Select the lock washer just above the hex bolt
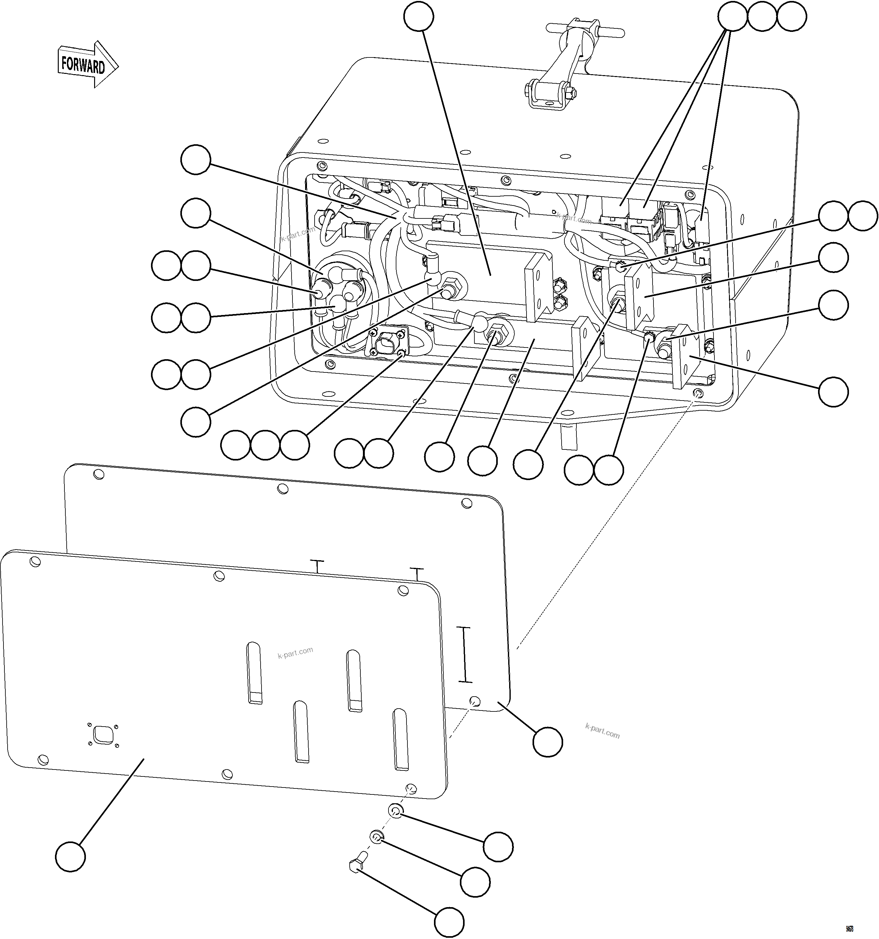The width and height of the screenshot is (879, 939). (x=376, y=837)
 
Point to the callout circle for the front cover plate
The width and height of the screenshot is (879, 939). (x=70, y=856)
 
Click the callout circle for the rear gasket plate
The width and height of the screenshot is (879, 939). (x=547, y=742)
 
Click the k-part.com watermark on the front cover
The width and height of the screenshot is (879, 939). (x=295, y=653)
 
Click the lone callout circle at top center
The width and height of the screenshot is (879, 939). (x=418, y=16)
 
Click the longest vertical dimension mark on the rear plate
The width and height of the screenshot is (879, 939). (x=466, y=655)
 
